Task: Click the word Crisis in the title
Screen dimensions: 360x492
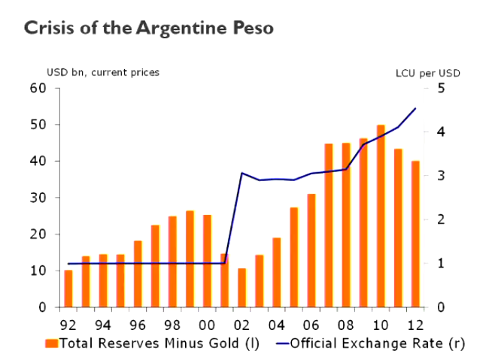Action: click(x=48, y=29)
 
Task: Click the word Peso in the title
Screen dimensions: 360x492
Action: click(x=252, y=29)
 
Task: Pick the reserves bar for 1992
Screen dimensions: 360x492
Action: click(x=68, y=289)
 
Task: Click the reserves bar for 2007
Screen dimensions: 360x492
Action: click(x=329, y=225)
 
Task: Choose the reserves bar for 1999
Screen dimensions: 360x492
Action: click(x=190, y=259)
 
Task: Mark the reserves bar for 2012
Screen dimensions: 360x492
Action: click(x=415, y=234)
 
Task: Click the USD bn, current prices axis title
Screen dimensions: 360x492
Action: click(x=103, y=72)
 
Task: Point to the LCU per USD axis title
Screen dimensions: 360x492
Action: click(x=427, y=73)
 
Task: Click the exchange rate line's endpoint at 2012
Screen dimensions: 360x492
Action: click(x=415, y=108)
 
